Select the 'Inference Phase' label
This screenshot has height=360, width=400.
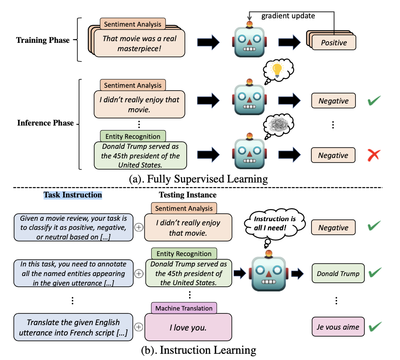pyautogui.click(x=45, y=123)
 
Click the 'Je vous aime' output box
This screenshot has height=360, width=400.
pyautogui.click(x=338, y=327)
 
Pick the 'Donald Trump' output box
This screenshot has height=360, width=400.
pyautogui.click(x=338, y=274)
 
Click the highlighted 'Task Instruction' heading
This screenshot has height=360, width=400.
pyautogui.click(x=73, y=195)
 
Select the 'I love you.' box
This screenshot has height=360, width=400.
pyautogui.click(x=188, y=328)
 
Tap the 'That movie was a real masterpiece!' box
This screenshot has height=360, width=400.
pyautogui.click(x=139, y=43)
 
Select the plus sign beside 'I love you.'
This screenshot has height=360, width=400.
pyautogui.click(x=139, y=327)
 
